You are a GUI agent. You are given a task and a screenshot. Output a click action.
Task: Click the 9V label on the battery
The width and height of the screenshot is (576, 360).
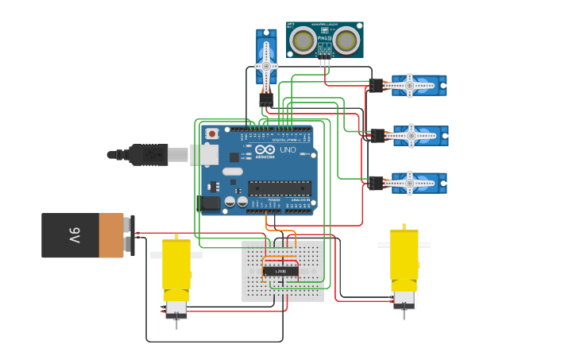click(x=74, y=235)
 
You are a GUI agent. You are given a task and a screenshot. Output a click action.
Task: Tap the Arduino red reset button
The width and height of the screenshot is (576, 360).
click(x=212, y=134)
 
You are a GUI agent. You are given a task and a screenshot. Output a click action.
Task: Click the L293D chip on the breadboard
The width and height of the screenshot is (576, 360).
click(x=280, y=271)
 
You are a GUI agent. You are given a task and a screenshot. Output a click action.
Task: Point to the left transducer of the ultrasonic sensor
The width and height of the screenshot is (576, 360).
click(x=303, y=40)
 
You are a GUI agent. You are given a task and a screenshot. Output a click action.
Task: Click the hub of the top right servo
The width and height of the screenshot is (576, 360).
click(x=410, y=85)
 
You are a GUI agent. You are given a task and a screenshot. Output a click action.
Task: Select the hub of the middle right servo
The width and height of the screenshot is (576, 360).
click(x=411, y=136)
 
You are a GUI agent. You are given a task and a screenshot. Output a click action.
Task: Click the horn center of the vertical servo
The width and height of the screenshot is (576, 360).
click(x=265, y=66)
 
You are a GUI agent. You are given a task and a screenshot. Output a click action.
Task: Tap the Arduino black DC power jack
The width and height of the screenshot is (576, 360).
click(x=210, y=203)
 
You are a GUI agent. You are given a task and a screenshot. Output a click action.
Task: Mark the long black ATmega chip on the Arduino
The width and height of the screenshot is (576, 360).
click(x=279, y=188)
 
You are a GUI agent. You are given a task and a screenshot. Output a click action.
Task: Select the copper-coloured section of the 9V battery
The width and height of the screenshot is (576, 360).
click(x=110, y=235)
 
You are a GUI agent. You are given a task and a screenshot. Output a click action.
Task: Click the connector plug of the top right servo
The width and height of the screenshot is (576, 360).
click(x=376, y=85)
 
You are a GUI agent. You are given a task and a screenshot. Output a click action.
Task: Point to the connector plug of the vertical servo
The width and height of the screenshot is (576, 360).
click(x=265, y=99)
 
